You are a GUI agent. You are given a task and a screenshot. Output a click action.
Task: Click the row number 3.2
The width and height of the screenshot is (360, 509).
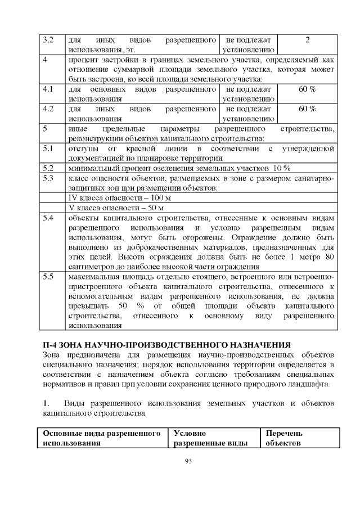pos(48,40)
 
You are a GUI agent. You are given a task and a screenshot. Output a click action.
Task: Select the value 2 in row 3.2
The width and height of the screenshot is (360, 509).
pos(307,40)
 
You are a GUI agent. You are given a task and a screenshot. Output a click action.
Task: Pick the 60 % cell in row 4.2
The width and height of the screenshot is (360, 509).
pos(307,109)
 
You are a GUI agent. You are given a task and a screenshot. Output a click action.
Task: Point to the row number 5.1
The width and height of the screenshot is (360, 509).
pos(48,148)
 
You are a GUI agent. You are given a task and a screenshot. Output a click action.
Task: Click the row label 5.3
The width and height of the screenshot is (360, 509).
pos(48,178)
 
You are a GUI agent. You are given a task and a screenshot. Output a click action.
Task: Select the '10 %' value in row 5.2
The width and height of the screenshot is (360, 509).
pos(281,168)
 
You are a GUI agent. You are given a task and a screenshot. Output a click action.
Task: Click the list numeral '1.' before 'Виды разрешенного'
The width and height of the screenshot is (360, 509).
pos(47,404)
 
